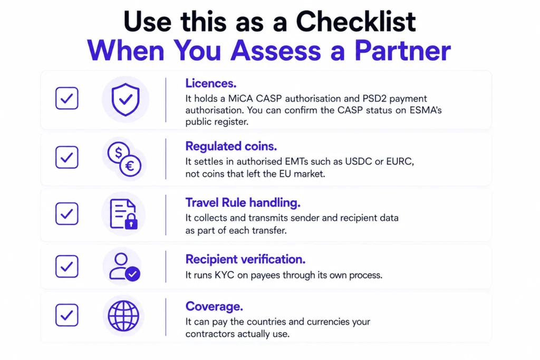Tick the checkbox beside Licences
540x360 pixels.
pyautogui.click(x=67, y=98)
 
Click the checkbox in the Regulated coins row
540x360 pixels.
pyautogui.click(x=67, y=157)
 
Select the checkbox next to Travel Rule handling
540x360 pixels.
pyautogui.click(x=67, y=213)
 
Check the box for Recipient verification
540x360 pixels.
pyautogui.click(x=67, y=266)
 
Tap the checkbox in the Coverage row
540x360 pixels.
pyautogui.click(x=67, y=315)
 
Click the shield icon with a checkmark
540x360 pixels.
pyautogui.click(x=126, y=100)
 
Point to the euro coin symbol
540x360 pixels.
pyautogui.click(x=130, y=166)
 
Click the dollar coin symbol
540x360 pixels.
pyautogui.click(x=118, y=152)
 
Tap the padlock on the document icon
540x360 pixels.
pyautogui.click(x=131, y=222)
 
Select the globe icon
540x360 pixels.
pyautogui.click(x=123, y=316)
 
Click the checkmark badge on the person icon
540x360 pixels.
pyautogui.click(x=132, y=274)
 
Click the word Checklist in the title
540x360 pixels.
pyautogui.click(x=356, y=21)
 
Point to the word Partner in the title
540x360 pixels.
pyautogui.click(x=402, y=51)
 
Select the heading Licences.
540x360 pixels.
pyautogui.click(x=211, y=83)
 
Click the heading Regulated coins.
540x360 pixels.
pyautogui.click(x=231, y=147)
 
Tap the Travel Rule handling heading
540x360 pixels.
pyautogui.click(x=243, y=203)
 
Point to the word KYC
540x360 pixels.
pyautogui.click(x=224, y=275)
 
